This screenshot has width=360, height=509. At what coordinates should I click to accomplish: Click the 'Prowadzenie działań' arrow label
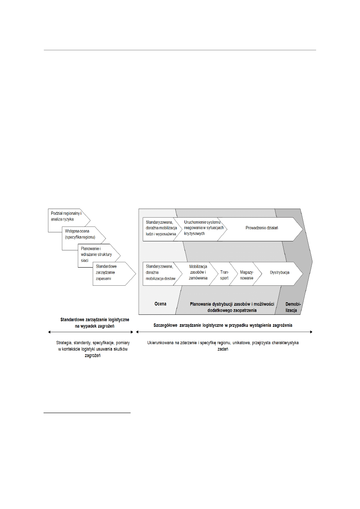click(262, 228)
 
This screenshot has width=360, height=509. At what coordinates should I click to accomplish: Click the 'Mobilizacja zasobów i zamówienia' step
click(198, 272)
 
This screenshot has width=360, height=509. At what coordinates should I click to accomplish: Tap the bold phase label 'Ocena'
click(160, 304)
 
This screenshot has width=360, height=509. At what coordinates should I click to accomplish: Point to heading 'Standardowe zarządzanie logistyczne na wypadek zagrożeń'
click(94, 322)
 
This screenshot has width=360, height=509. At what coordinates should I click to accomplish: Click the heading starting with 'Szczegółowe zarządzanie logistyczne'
click(223, 325)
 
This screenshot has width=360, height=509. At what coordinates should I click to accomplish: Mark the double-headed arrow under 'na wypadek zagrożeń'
click(91, 332)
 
